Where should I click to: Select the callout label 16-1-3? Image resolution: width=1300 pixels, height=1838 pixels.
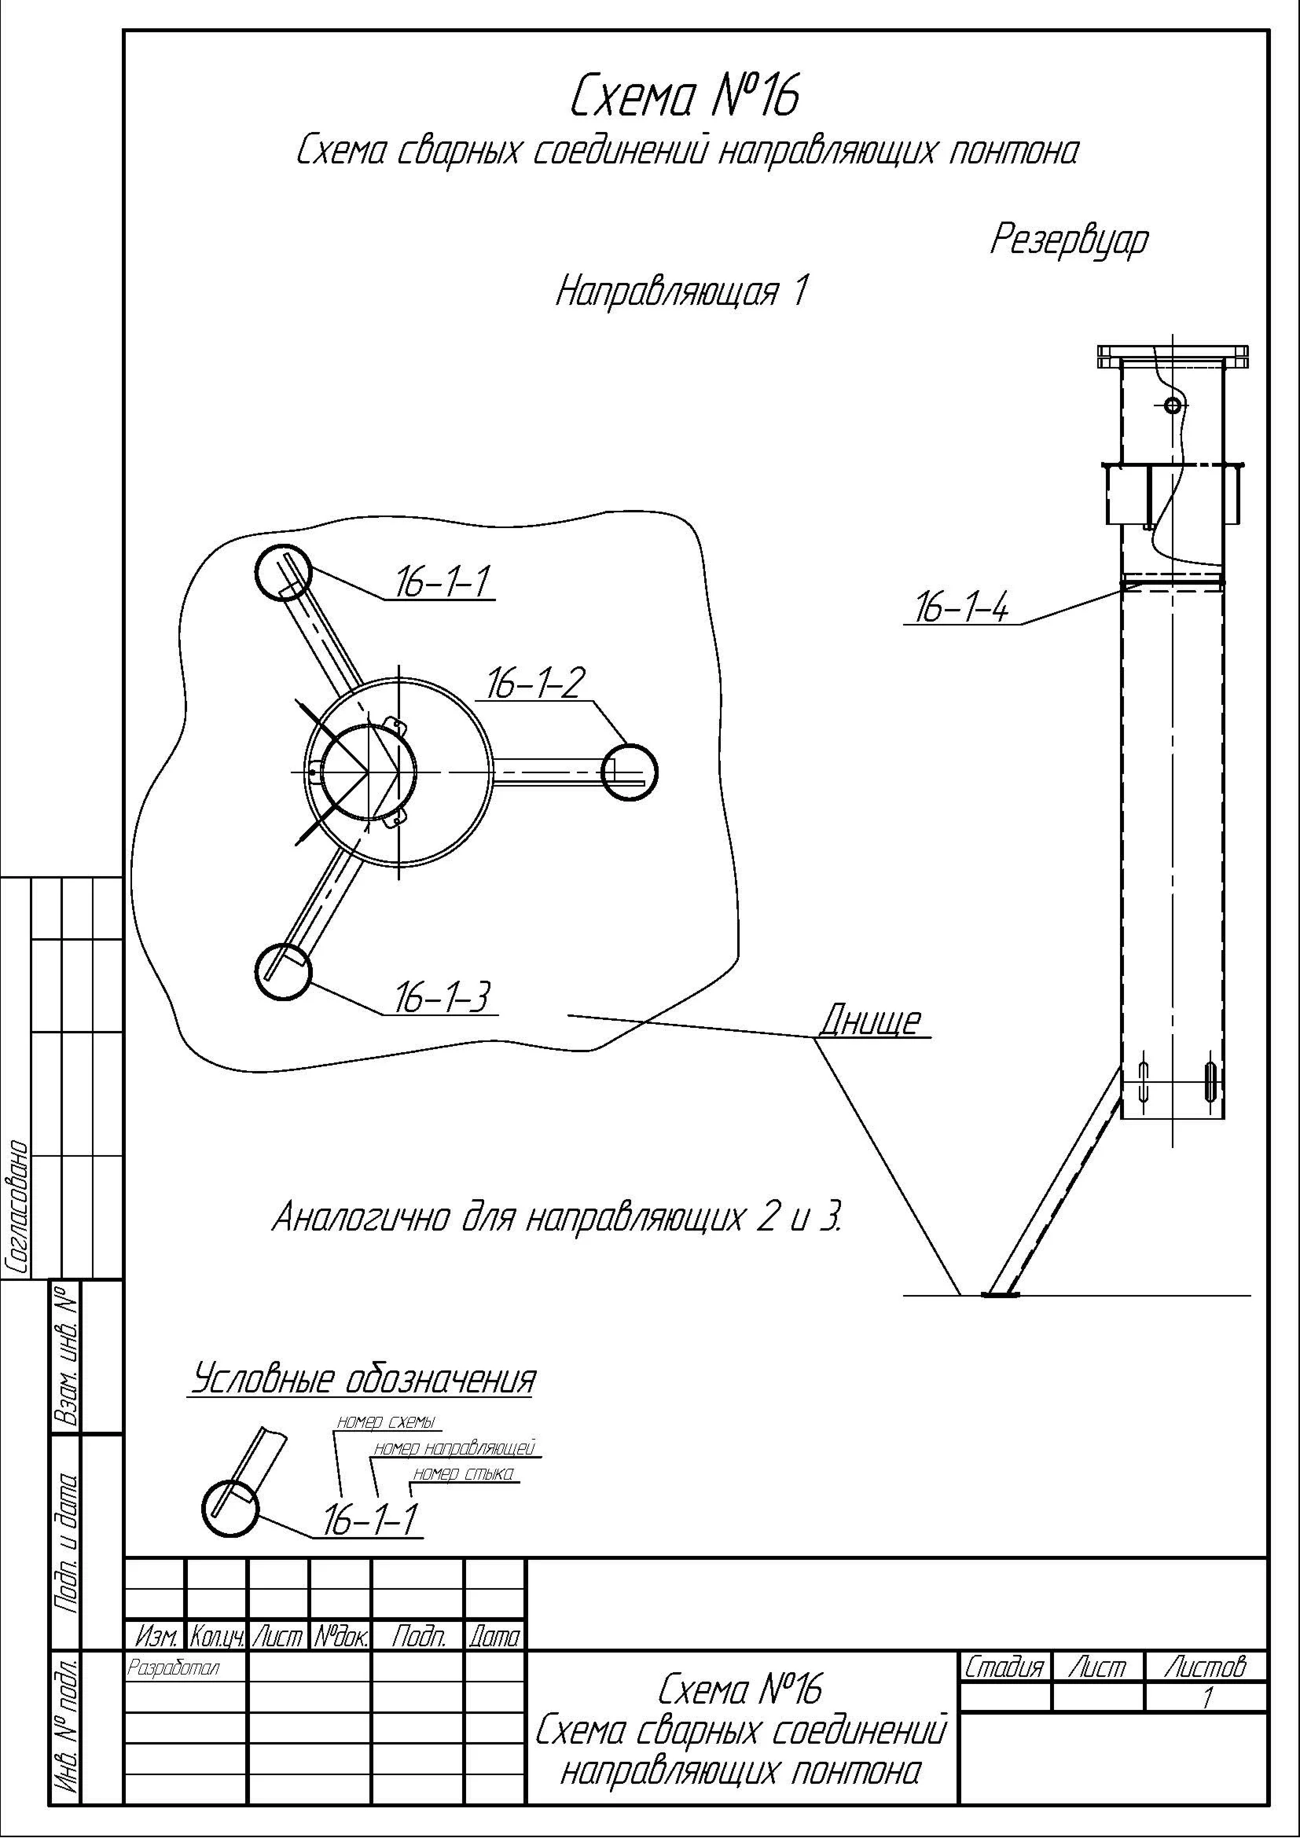click(442, 997)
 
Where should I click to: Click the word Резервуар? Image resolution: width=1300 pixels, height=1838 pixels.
click(1069, 240)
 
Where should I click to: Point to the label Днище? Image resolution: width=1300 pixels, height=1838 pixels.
click(870, 1021)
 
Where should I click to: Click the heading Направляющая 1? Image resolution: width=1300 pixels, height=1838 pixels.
click(681, 292)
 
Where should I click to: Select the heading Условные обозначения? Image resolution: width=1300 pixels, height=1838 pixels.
click(362, 1378)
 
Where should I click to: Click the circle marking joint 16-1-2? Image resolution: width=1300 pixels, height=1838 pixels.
click(630, 772)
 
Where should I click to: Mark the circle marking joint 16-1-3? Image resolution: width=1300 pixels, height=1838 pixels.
click(284, 971)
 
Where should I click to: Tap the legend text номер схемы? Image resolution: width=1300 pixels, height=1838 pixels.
click(387, 1422)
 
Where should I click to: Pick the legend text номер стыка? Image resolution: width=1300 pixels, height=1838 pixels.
click(463, 1473)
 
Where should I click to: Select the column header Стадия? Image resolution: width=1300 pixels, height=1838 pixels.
click(1004, 1667)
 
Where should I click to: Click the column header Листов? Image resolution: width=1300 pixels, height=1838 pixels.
click(1206, 1667)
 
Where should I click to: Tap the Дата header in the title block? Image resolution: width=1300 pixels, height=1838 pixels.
click(494, 1637)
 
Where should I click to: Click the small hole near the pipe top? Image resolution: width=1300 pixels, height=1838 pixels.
click(1173, 405)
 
